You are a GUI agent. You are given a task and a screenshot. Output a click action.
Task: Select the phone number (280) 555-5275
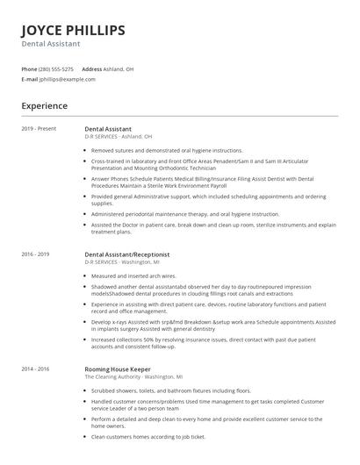[57, 68]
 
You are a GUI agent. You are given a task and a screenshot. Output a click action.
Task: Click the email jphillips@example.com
[67, 79]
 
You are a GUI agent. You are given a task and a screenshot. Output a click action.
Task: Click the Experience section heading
[45, 106]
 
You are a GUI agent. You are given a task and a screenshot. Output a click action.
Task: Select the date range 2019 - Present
[39, 129]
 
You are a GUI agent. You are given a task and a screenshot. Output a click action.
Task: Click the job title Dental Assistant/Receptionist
[126, 254]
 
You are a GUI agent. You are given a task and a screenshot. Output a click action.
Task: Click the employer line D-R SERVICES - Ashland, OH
[118, 137]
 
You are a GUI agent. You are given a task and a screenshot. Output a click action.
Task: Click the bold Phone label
[29, 68]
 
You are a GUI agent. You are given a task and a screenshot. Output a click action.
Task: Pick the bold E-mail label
[30, 79]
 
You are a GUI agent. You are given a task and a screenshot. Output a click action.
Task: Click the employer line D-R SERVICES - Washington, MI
[121, 261]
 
